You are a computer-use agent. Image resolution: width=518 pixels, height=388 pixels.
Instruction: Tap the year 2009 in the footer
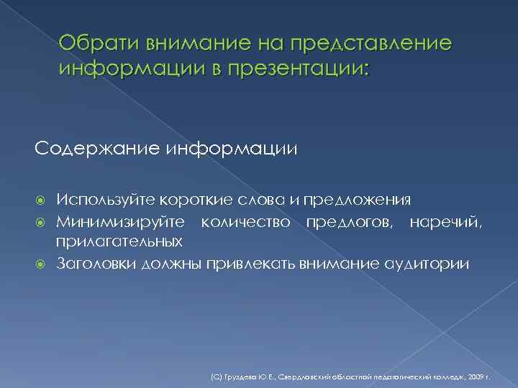pyautogui.click(x=481, y=376)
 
